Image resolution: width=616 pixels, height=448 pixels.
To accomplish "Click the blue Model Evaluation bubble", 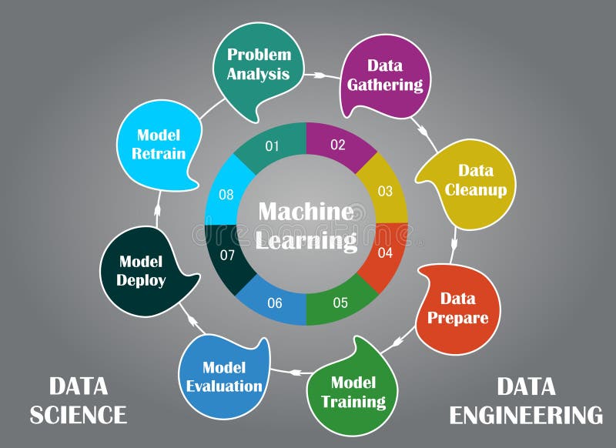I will (x=224, y=377).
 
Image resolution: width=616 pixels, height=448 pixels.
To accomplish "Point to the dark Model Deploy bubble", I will (x=142, y=271).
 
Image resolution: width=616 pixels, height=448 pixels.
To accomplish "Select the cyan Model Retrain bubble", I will (x=157, y=145).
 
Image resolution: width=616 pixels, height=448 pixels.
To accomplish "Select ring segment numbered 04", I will (x=385, y=252).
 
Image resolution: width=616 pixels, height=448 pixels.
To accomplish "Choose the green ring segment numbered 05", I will (x=340, y=302).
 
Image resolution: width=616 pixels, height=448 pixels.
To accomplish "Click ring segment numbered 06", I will (x=275, y=303).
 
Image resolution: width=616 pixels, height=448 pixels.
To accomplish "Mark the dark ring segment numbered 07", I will (x=227, y=255).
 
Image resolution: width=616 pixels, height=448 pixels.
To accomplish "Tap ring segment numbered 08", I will (x=226, y=195).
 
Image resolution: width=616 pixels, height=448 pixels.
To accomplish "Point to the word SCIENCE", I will (x=78, y=415).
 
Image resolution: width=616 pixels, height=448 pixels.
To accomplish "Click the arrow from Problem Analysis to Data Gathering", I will (x=318, y=75).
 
